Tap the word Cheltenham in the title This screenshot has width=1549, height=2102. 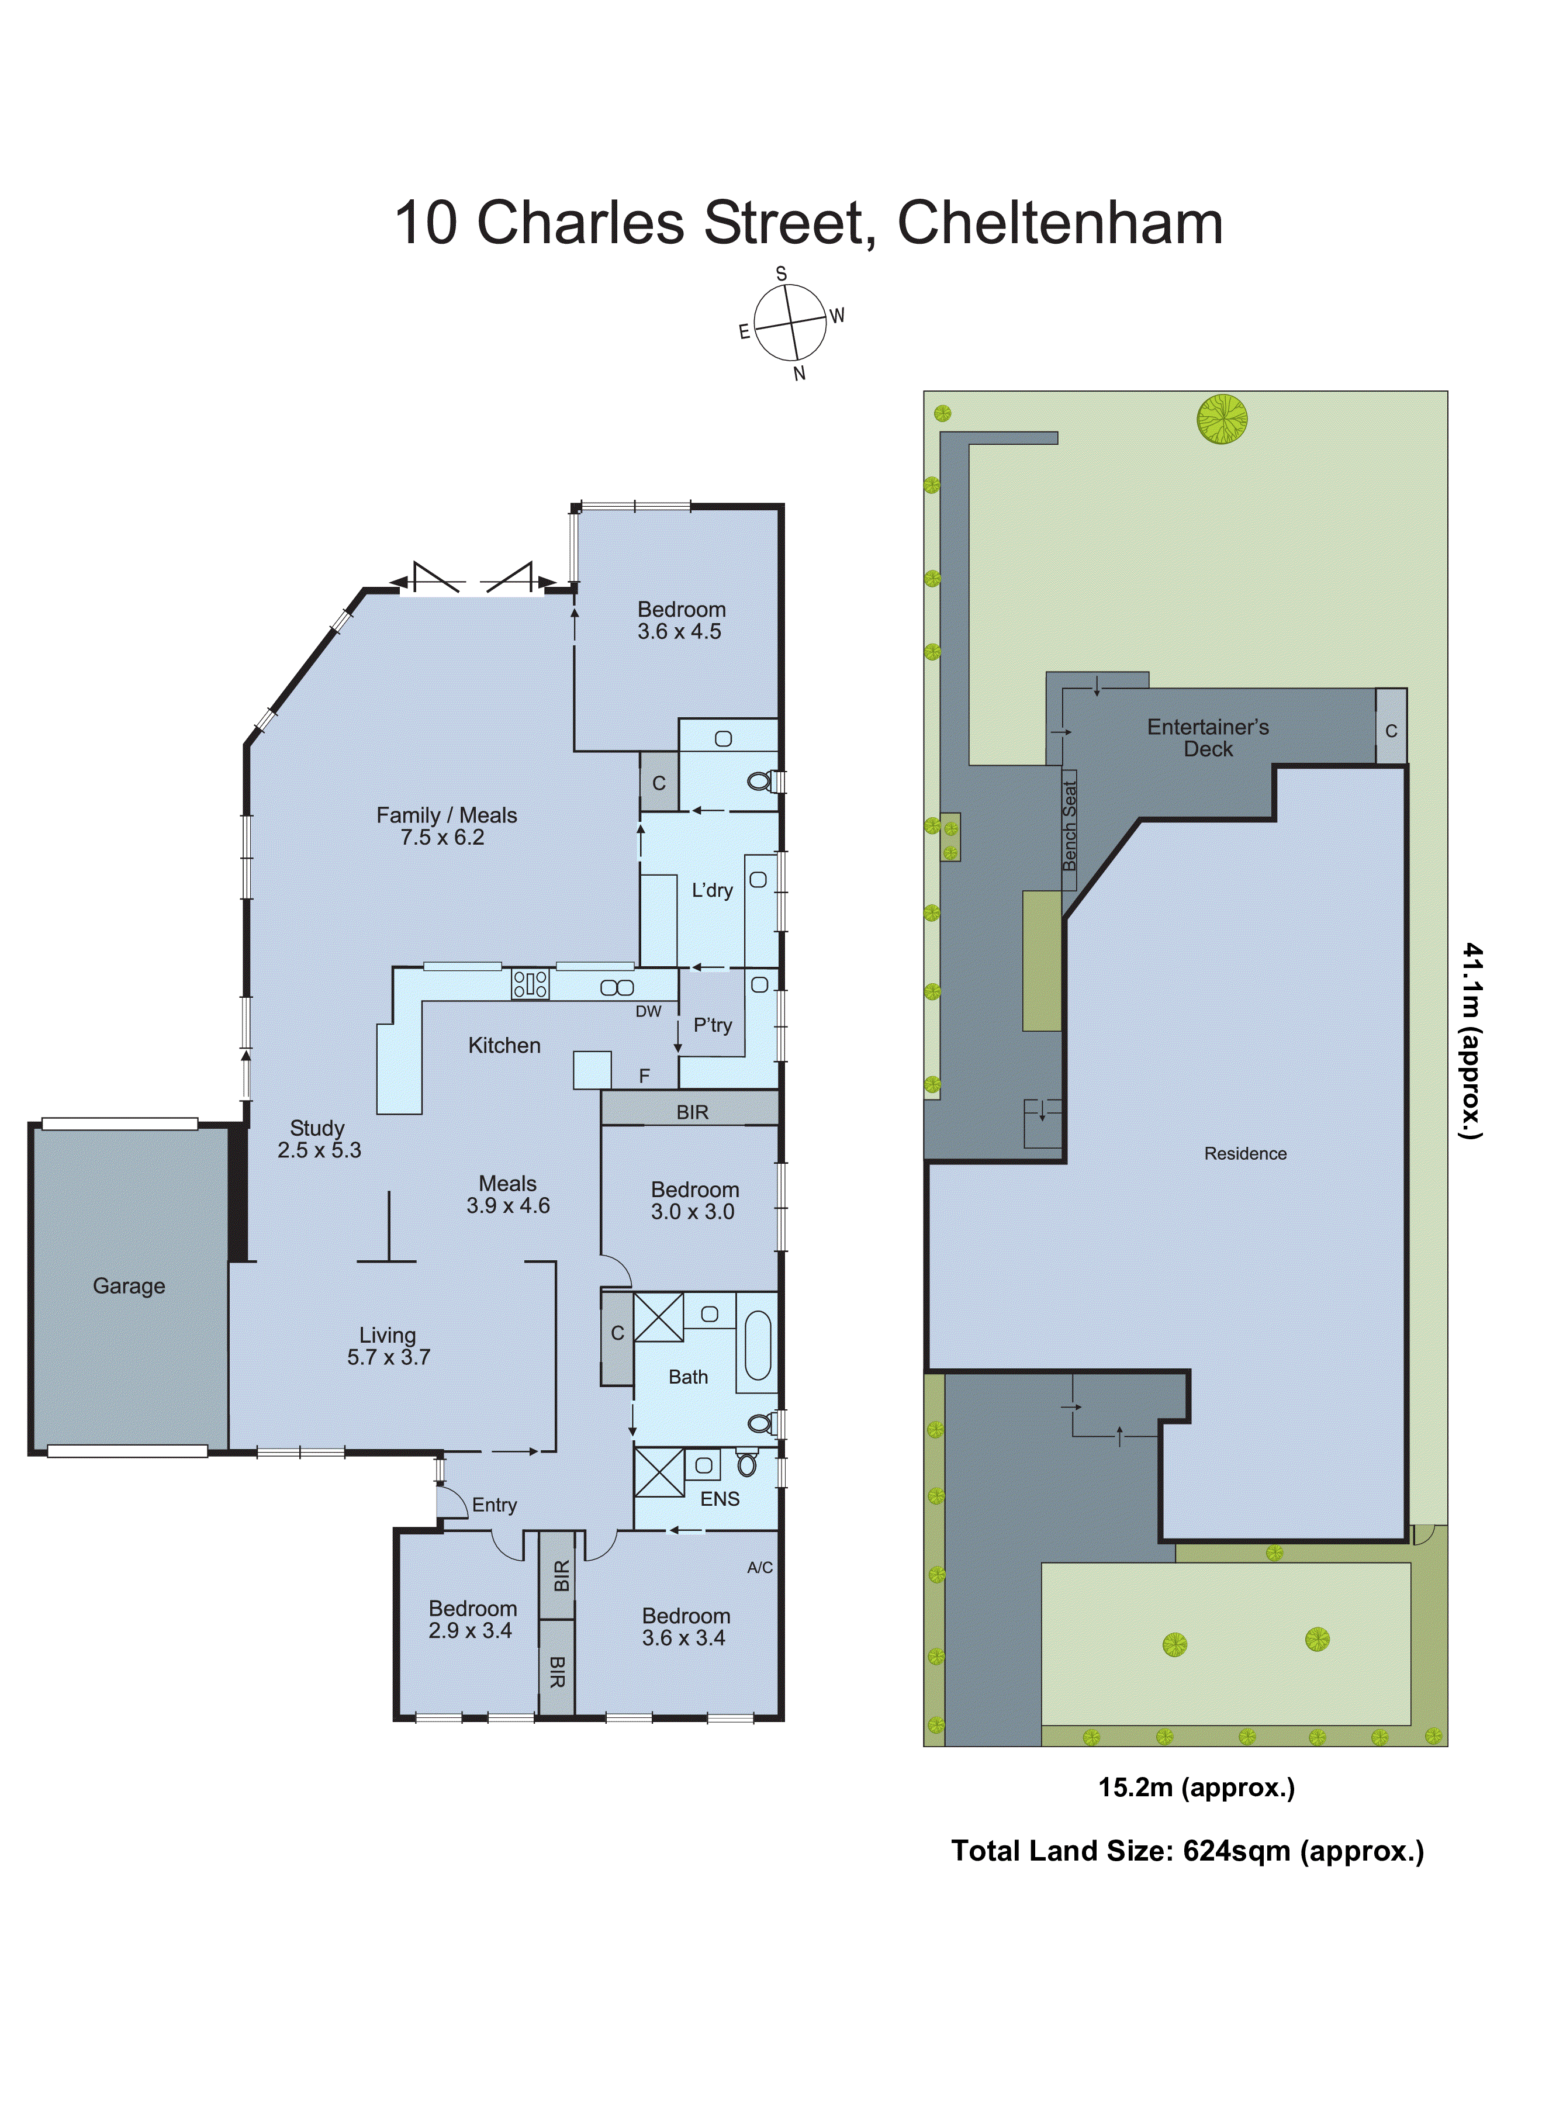1060,223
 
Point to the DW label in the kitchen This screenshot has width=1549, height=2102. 648,1012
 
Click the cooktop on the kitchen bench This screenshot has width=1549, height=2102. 530,984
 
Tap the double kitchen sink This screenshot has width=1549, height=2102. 617,987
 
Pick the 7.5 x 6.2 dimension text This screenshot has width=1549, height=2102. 442,837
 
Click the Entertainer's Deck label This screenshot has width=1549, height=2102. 1208,737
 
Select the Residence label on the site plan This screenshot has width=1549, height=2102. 1245,1153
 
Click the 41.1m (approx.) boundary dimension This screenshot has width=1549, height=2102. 1472,1040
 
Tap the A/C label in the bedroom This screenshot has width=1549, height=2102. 759,1568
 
